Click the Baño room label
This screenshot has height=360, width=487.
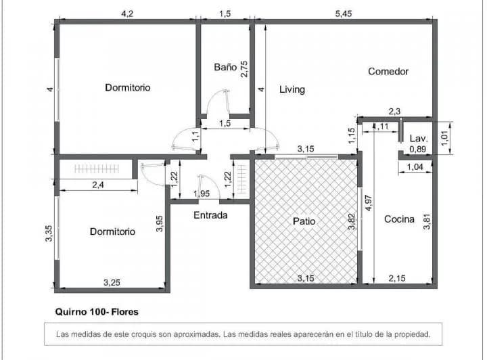pos(225,67)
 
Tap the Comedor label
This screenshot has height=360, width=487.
pos(388,71)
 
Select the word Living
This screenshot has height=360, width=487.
pos(292,89)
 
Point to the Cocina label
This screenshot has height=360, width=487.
pos(399,219)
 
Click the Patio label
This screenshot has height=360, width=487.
pos(304,221)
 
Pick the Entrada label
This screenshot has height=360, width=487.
pos(210,216)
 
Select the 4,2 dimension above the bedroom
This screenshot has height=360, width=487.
pos(126,12)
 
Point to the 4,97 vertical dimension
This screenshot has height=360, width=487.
pos(368,204)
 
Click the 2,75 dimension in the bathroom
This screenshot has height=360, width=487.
pos(245,70)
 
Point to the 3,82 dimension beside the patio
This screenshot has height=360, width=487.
pos(351,222)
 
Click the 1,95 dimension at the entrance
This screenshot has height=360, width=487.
pos(201,194)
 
